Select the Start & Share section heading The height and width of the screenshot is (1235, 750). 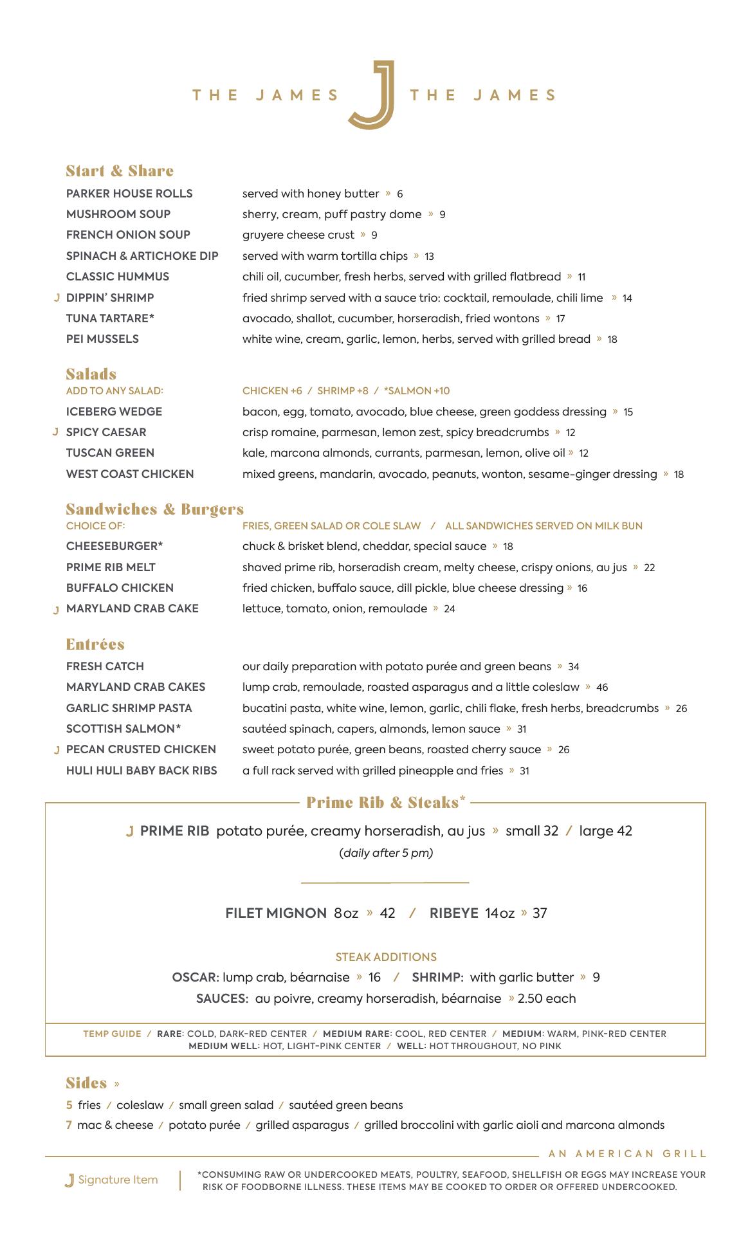point(120,171)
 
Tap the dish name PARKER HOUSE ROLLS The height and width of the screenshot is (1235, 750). point(129,194)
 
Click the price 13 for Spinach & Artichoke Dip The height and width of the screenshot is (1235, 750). point(429,257)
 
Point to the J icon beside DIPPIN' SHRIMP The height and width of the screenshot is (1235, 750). point(57,298)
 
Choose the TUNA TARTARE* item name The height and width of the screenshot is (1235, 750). point(110,318)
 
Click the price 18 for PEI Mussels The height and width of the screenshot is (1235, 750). point(612,340)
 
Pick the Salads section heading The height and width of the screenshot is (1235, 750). point(91,374)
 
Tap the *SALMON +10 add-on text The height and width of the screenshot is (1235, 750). point(417,391)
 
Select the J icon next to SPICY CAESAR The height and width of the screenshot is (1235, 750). point(56,432)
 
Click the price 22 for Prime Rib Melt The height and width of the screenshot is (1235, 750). point(650,568)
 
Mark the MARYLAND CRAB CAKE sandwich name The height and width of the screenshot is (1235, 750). point(133,608)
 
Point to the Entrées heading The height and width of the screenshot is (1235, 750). point(95,645)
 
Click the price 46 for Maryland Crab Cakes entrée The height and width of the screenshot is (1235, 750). point(602,688)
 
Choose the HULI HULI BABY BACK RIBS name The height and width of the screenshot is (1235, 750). point(142,771)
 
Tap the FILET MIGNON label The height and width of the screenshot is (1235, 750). point(276,913)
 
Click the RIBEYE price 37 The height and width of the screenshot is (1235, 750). point(540,913)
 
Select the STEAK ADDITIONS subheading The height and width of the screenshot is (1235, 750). point(386,957)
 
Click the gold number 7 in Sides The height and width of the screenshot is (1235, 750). point(69,1125)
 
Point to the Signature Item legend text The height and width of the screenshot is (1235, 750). point(118,1180)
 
